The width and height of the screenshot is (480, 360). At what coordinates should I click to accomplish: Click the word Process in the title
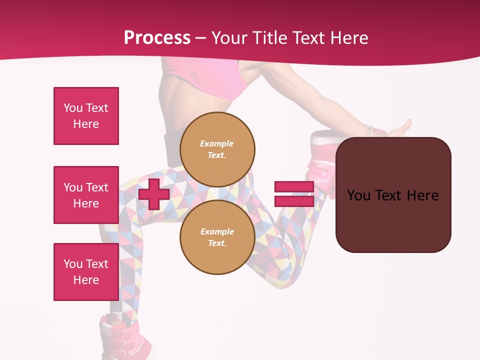[x=157, y=38]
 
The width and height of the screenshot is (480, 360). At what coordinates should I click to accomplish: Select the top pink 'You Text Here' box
[x=86, y=116]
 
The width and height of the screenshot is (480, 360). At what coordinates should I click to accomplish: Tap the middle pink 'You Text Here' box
[x=86, y=195]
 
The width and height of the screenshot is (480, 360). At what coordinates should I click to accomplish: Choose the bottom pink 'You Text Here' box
[x=86, y=272]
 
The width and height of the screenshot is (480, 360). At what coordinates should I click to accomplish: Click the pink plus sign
[x=154, y=194]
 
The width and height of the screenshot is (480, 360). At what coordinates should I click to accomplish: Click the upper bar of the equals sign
[x=294, y=186]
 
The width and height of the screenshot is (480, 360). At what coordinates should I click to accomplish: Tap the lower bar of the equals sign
[x=294, y=201]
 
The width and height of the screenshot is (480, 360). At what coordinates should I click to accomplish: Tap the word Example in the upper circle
[x=216, y=143]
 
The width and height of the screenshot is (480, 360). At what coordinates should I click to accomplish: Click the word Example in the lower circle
[x=217, y=231]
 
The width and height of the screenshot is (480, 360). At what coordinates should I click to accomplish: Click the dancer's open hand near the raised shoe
[x=400, y=129]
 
